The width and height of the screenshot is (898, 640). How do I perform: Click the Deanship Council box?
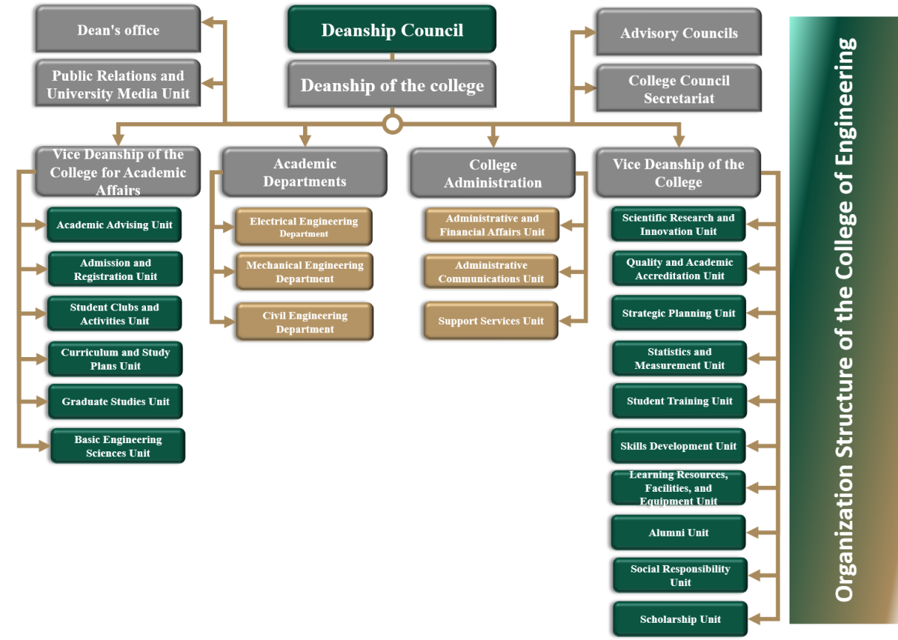click(x=392, y=31)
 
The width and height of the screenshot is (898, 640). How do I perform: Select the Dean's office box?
click(x=118, y=30)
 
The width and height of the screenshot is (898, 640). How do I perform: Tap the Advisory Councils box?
click(x=679, y=33)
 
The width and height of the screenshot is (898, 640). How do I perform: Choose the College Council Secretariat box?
click(x=679, y=89)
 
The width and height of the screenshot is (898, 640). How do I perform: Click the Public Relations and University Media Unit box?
click(x=118, y=85)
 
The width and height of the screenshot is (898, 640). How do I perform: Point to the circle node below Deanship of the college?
click(x=392, y=124)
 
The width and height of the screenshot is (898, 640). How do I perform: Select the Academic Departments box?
click(x=305, y=172)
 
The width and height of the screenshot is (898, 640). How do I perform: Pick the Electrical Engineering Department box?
click(x=304, y=227)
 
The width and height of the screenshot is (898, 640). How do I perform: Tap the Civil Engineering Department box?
click(x=305, y=322)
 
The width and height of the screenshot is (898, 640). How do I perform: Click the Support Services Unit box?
click(x=491, y=321)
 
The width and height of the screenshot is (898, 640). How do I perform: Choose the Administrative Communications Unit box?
click(x=491, y=272)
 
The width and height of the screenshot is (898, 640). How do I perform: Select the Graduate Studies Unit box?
click(x=116, y=402)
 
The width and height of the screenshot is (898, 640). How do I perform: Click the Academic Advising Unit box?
click(x=114, y=225)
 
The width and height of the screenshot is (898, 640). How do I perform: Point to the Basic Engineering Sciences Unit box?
click(x=117, y=446)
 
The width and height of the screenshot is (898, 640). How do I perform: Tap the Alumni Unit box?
click(x=679, y=533)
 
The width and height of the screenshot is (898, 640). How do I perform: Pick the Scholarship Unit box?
click(x=680, y=619)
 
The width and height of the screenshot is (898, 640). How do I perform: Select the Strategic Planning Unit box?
click(x=679, y=314)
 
